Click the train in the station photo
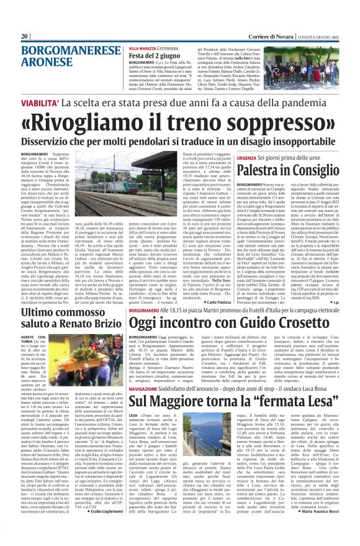pos(155,180)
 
